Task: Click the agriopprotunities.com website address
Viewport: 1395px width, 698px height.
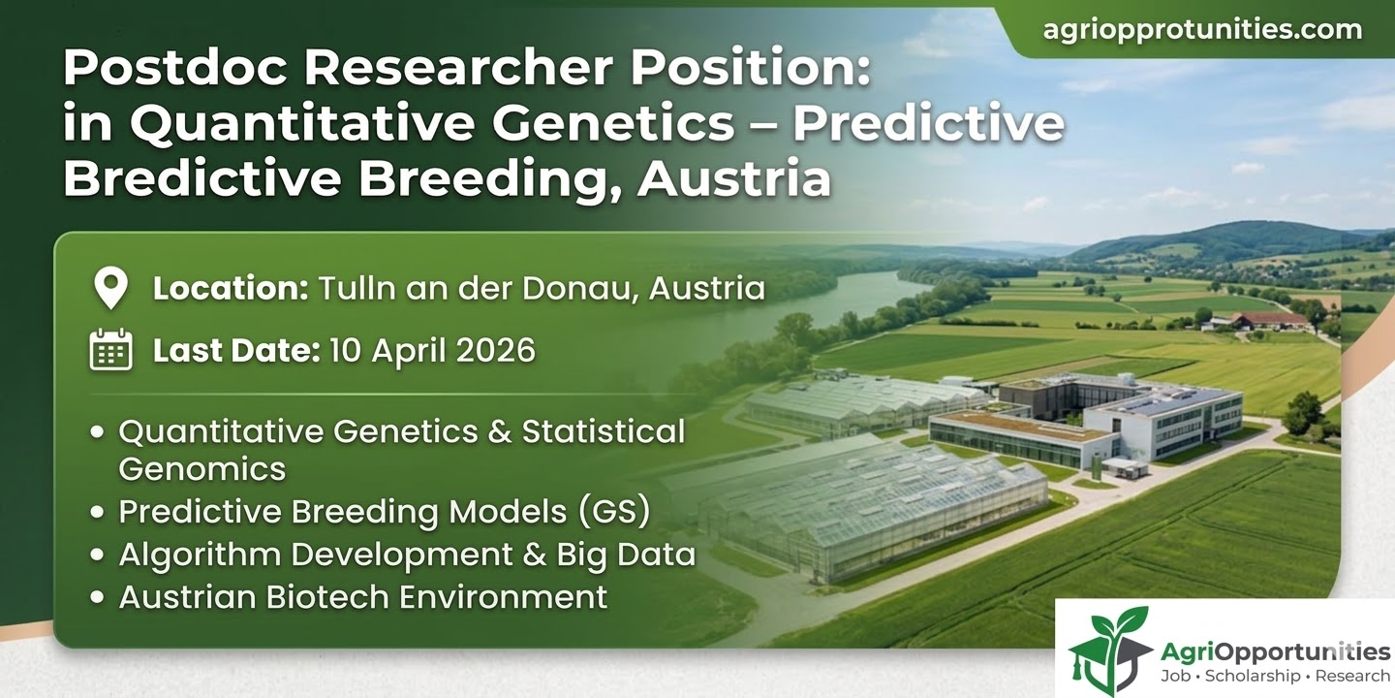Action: (x=1202, y=29)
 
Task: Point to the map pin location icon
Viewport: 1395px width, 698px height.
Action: (x=110, y=289)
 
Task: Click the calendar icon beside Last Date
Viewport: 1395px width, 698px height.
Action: (x=110, y=350)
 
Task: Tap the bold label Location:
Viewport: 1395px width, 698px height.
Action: (x=230, y=289)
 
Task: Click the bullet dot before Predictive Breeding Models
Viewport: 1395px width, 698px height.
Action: (x=97, y=513)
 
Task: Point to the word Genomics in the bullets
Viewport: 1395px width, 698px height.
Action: (x=201, y=469)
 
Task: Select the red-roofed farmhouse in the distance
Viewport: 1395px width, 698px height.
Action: (x=1268, y=320)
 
